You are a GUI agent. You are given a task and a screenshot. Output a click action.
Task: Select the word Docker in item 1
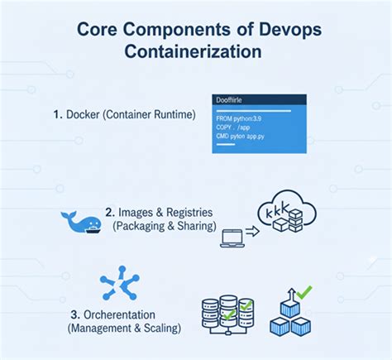tap(84, 114)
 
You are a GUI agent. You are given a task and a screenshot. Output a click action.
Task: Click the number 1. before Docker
tap(57, 114)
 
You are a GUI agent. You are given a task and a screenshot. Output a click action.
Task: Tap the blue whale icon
tap(81, 221)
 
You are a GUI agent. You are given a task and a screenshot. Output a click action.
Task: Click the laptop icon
tap(232, 238)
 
